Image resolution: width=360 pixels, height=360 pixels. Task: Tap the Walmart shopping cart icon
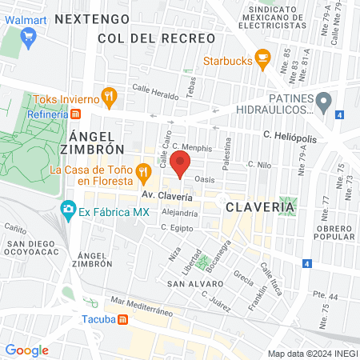point(30,35)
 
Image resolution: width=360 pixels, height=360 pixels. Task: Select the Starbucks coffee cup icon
point(262,58)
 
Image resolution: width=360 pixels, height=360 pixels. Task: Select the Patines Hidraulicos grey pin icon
point(323,102)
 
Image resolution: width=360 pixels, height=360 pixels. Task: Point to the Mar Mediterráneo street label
point(143,306)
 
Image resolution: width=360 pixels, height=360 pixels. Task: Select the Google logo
point(26,350)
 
